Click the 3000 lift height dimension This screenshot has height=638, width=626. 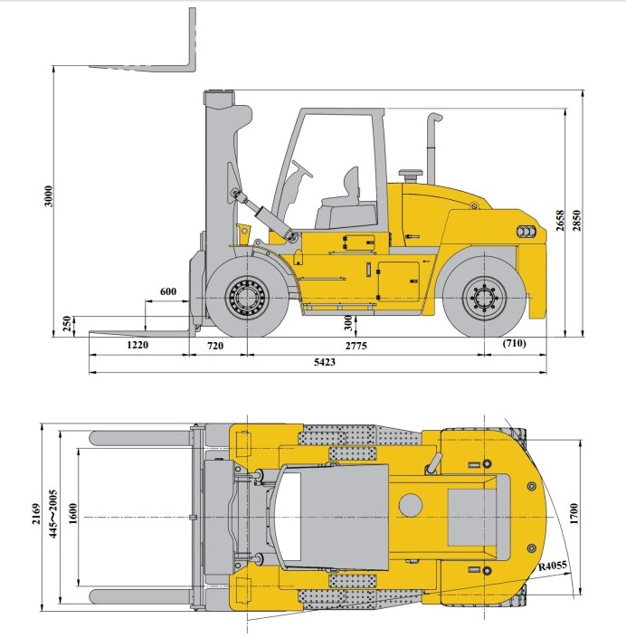[x=49, y=195]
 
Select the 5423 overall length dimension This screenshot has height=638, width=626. [x=325, y=362]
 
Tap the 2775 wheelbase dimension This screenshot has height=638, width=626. [x=356, y=346]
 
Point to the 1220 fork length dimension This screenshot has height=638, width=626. [x=138, y=345]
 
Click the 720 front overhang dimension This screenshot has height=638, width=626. [x=215, y=346]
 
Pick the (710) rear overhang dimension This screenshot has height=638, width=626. [x=514, y=343]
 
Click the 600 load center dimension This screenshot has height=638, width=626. [x=168, y=291]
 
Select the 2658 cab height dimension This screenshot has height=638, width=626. [x=560, y=221]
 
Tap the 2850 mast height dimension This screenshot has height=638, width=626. [x=576, y=221]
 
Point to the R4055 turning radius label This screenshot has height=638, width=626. [x=553, y=566]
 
